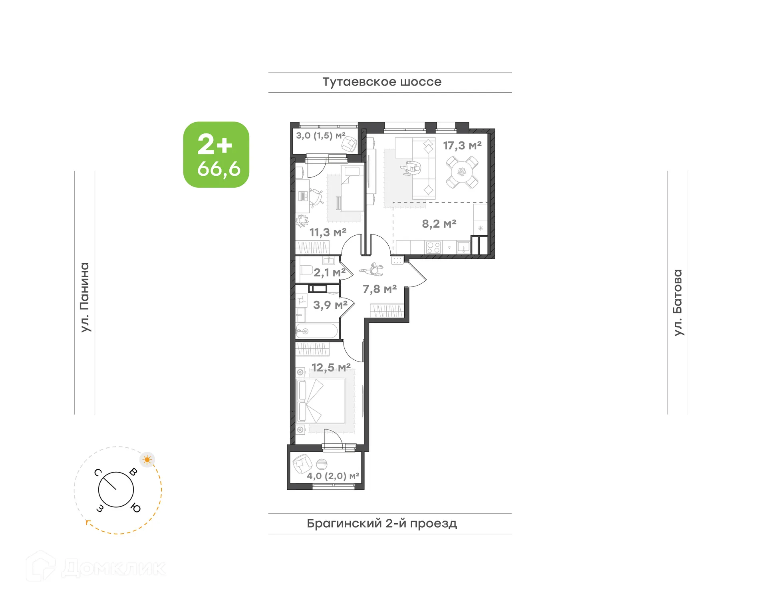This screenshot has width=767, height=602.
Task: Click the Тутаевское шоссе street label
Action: [382, 82]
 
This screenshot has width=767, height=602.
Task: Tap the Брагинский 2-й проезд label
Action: [382, 523]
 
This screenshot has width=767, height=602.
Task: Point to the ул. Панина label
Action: [85, 297]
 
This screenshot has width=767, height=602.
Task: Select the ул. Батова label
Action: [678, 302]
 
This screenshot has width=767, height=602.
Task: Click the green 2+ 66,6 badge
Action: [216, 155]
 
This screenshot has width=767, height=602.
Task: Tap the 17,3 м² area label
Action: [462, 146]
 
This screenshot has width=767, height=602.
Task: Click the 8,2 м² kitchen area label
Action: [439, 224]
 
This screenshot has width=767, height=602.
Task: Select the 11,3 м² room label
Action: [328, 232]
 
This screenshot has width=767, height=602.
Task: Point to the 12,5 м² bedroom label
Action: [331, 368]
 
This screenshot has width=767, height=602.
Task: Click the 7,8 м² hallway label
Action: [379, 289]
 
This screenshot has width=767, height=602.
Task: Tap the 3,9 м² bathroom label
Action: [330, 305]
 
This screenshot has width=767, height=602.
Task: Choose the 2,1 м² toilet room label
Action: [329, 273]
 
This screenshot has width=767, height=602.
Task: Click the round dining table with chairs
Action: [462, 172]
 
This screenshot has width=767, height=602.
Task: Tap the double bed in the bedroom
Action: [321, 401]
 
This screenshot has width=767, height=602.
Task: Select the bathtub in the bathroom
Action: [317, 331]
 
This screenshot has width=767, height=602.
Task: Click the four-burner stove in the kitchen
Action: [433, 248]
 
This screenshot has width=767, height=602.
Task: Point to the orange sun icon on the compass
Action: [147, 460]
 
